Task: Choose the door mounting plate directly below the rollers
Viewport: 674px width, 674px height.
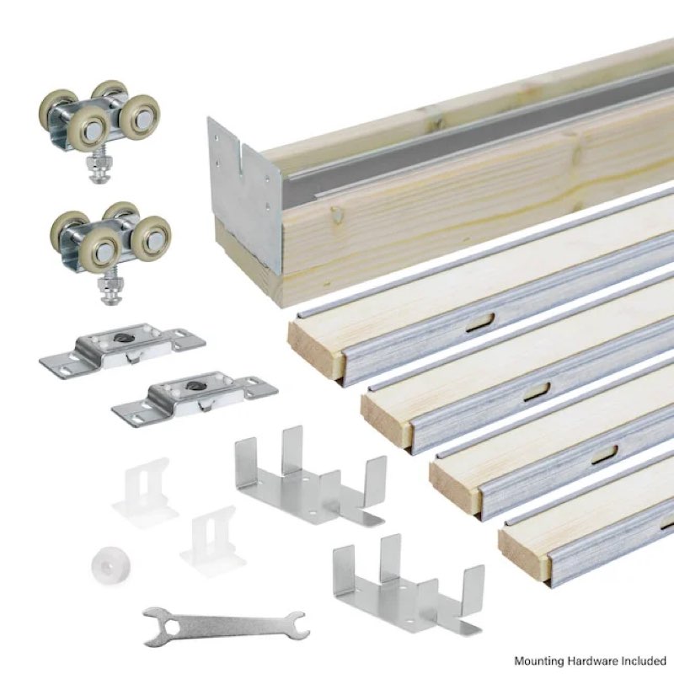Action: (121, 347)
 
